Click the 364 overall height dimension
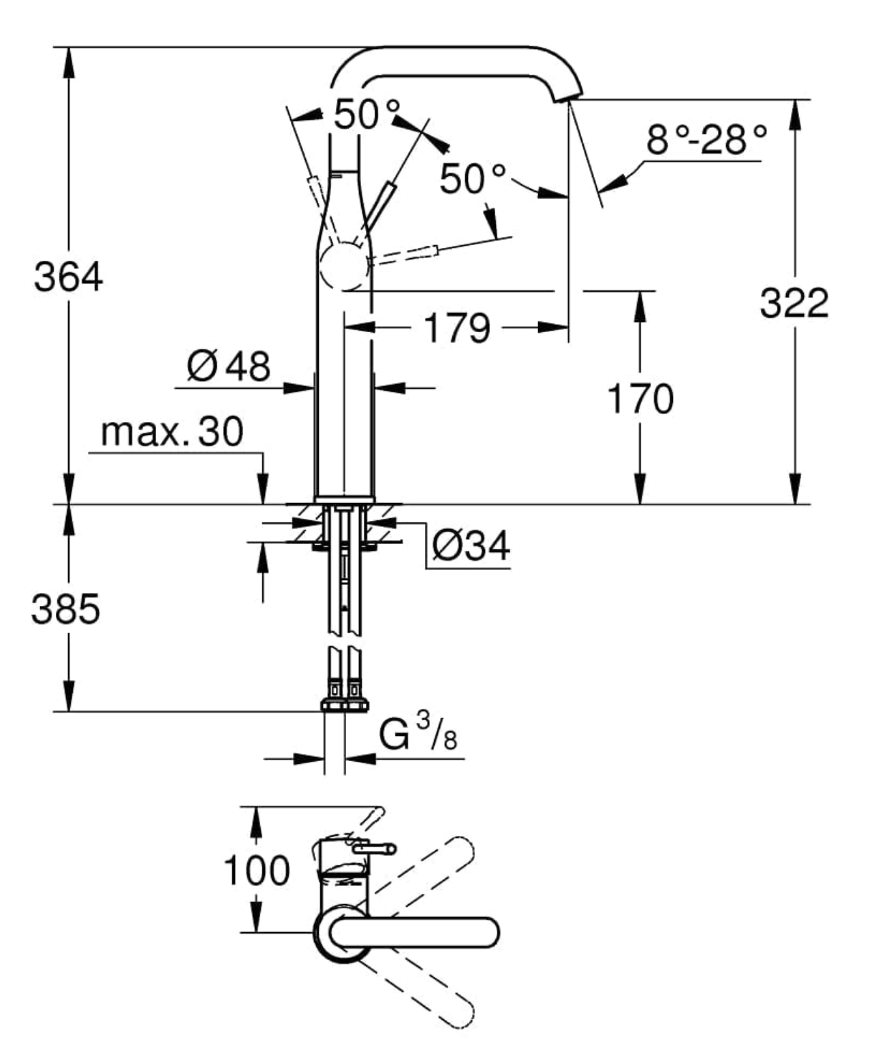click(68, 277)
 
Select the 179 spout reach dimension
click(456, 328)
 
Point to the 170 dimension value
click(640, 398)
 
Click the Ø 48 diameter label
click(229, 366)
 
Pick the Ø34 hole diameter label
click(471, 545)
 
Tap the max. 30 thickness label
click(172, 432)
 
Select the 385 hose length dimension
click(65, 608)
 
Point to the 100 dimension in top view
click(257, 870)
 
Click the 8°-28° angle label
click(706, 140)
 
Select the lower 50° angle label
click(472, 179)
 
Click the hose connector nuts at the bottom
click(344, 703)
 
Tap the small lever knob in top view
click(373, 848)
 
